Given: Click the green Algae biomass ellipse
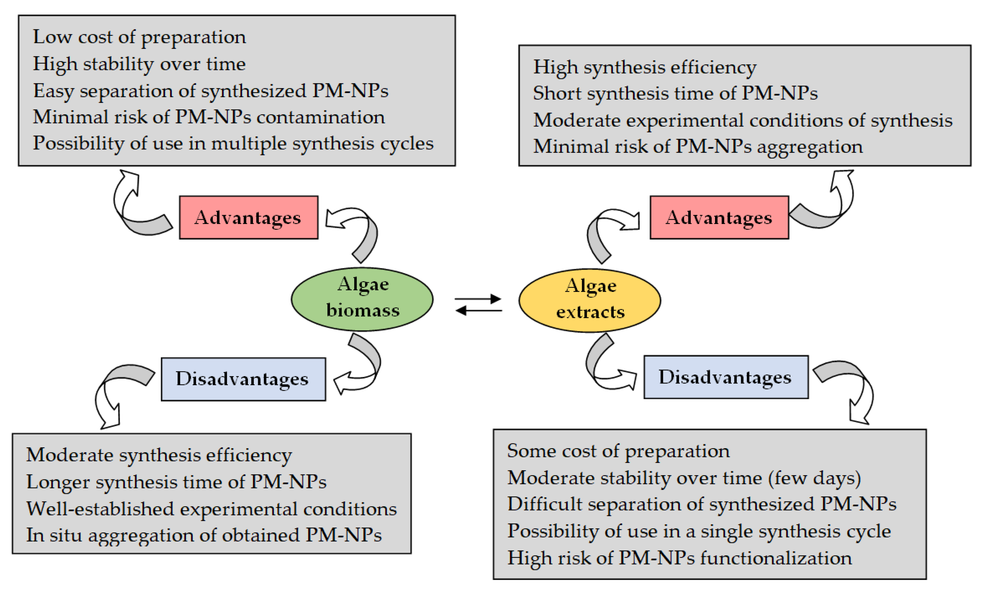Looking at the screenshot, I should point(362,299).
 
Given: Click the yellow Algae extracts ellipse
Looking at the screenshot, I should point(590,301).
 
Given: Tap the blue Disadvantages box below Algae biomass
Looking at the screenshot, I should point(243,379).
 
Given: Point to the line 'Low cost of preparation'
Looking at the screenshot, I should point(139,37).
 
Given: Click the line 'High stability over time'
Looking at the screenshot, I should point(139,64).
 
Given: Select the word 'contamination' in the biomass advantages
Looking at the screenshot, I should point(320,117).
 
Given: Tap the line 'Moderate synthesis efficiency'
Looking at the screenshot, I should point(159,455).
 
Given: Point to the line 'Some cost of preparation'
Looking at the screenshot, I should point(618,451).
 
